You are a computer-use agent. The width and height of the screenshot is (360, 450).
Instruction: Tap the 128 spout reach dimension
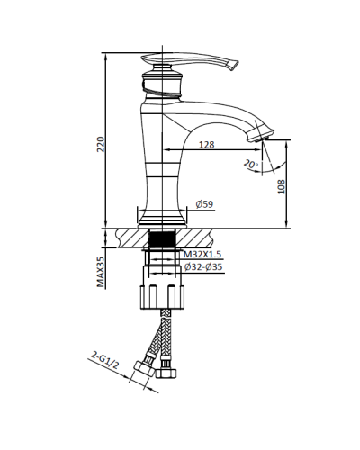pos(206,145)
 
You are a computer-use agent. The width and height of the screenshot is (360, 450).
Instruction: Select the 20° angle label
pos(250,165)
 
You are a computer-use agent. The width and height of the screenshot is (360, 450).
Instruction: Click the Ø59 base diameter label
pos(204,204)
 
